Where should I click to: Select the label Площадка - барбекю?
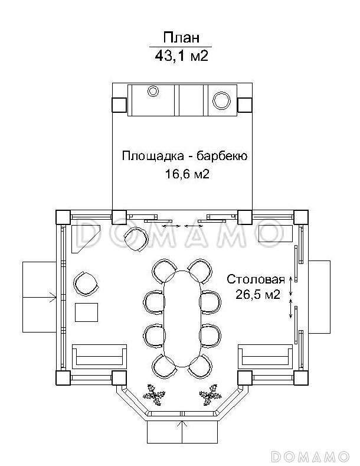pos(184,157)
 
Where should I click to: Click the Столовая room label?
pos(256,279)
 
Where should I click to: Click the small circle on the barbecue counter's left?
pos(153,91)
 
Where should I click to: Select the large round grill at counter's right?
pos(222,99)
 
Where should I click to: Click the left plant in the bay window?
pos(156,394)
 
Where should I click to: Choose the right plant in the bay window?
pos(208,394)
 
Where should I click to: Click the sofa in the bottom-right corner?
pos(266,356)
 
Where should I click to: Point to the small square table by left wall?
pos(87,312)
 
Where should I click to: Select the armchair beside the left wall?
pos(86,283)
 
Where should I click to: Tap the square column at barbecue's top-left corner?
pos(119,105)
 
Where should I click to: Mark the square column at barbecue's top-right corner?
pos(245,105)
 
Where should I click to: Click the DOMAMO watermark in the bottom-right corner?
pos(310,457)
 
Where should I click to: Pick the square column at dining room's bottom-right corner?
pos(301,378)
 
